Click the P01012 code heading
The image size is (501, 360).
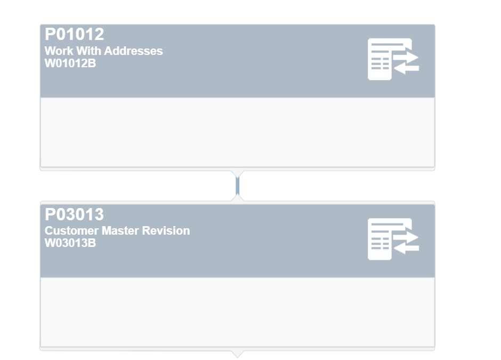[75, 34]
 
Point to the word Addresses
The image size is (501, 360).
[133, 51]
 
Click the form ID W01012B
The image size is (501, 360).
[70, 63]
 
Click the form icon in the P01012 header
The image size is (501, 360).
[393, 59]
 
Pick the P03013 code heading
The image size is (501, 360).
[75, 214]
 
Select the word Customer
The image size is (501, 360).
[71, 230]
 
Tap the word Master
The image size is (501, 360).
[120, 230]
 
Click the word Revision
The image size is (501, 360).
[166, 230]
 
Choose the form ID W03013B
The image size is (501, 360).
[70, 243]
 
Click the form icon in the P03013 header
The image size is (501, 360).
[393, 239]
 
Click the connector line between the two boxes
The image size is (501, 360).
[237, 186]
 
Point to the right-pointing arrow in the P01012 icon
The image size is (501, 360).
[406, 58]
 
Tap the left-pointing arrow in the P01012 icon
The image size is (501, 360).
[406, 68]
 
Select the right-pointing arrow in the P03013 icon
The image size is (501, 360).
[406, 238]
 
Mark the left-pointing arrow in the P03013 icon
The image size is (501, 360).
[406, 248]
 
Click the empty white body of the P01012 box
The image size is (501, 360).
[237, 132]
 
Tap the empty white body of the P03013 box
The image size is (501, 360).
[237, 312]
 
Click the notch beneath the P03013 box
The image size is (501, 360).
[237, 354]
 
